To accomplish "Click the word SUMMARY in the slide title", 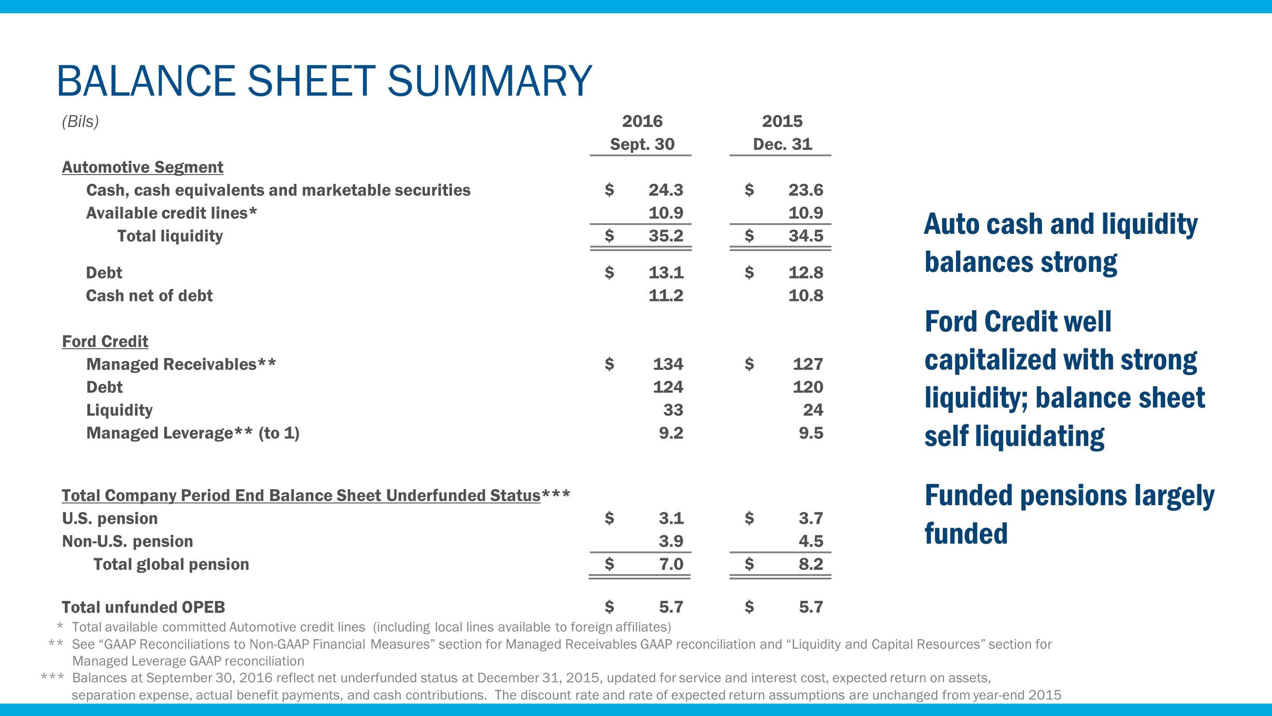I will click(489, 80).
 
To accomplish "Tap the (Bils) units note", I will click(80, 121).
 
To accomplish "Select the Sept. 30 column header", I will click(642, 144).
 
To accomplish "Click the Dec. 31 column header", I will click(782, 144).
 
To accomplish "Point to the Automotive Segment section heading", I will click(142, 167).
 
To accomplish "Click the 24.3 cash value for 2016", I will click(666, 190).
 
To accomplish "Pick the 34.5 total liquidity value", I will click(805, 236).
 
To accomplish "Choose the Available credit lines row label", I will click(171, 213).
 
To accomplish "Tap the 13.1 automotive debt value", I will click(666, 272).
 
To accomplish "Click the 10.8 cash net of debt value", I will click(805, 296).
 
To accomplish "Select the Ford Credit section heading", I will click(105, 342).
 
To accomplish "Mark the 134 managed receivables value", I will click(668, 364).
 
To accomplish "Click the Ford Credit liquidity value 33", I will click(673, 410).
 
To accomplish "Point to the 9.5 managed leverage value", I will click(811, 433).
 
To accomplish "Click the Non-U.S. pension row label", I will click(127, 541).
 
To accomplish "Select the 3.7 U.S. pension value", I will click(811, 518).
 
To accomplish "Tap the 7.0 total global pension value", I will click(670, 564).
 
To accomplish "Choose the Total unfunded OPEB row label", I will click(143, 607).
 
